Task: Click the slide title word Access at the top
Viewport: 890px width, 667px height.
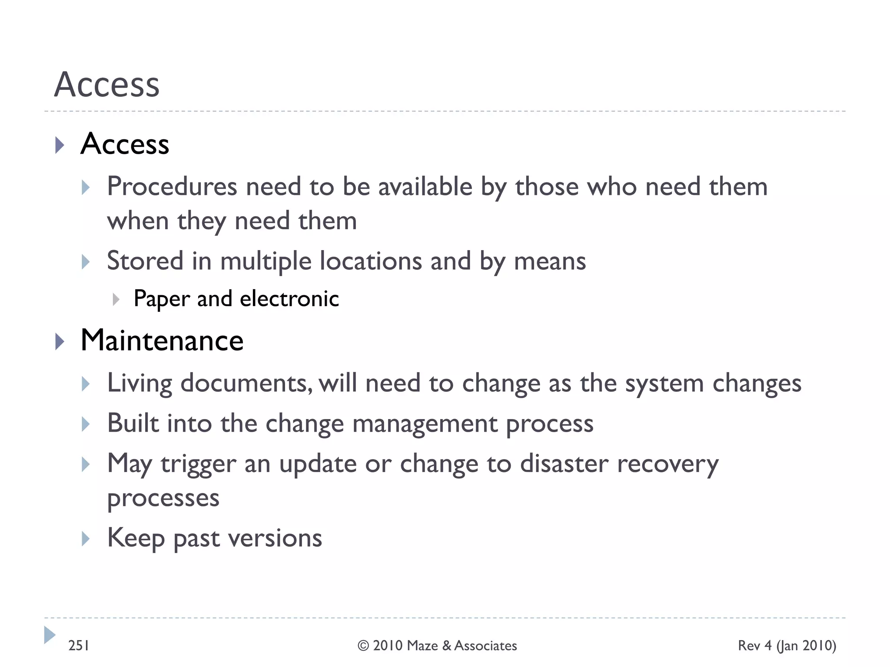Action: tap(107, 84)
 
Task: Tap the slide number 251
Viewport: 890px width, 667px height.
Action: tap(79, 646)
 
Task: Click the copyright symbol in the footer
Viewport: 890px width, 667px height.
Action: tap(363, 646)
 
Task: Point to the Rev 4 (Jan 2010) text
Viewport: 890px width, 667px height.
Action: tap(787, 646)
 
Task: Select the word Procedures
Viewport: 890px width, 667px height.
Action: tap(172, 187)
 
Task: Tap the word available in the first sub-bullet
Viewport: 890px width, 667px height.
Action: tap(425, 187)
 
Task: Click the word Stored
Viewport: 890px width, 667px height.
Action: tap(145, 261)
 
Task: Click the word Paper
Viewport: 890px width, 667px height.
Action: tap(162, 299)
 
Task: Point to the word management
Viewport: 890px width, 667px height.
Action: tap(425, 424)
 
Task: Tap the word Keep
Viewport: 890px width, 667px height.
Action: tap(136, 538)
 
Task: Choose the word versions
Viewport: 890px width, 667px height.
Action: tap(275, 538)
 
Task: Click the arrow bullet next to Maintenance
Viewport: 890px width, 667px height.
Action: tap(60, 342)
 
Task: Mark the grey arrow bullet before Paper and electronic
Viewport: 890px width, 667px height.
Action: tap(116, 299)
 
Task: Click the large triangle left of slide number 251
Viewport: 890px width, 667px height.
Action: tap(50, 635)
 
